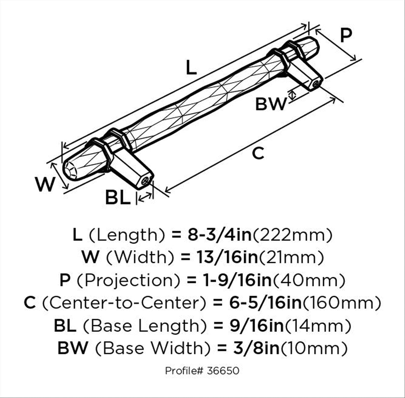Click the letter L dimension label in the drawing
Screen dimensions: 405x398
point(191,67)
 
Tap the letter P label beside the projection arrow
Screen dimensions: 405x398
point(346,35)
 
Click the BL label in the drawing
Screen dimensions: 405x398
point(118,197)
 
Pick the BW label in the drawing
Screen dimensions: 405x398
point(271,104)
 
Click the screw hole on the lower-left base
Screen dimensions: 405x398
point(145,180)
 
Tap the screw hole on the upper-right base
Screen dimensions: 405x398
point(316,84)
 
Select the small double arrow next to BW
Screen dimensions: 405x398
point(292,96)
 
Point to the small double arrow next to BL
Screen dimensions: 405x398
point(145,197)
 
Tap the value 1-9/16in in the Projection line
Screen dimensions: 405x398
point(238,280)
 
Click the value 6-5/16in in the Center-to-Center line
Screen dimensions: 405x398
point(266,303)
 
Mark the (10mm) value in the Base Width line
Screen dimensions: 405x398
point(314,348)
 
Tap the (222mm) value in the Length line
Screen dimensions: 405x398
point(292,235)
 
